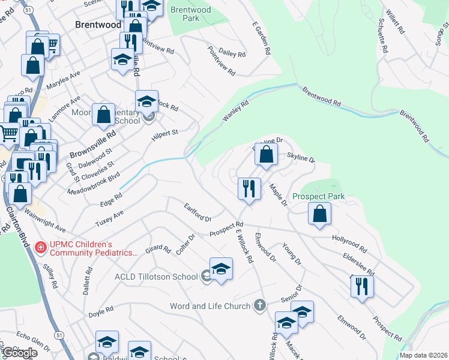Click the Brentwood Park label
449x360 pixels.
[190, 14]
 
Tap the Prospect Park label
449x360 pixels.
[318, 196]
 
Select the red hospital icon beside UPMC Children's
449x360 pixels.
[41, 247]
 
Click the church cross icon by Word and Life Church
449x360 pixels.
[259, 306]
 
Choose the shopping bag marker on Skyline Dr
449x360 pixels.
[265, 154]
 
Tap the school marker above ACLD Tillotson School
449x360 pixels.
[221, 268]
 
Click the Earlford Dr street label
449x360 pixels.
[197, 212]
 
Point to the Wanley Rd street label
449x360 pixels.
[236, 112]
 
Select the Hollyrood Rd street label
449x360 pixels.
[349, 242]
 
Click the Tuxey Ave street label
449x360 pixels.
[109, 219]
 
